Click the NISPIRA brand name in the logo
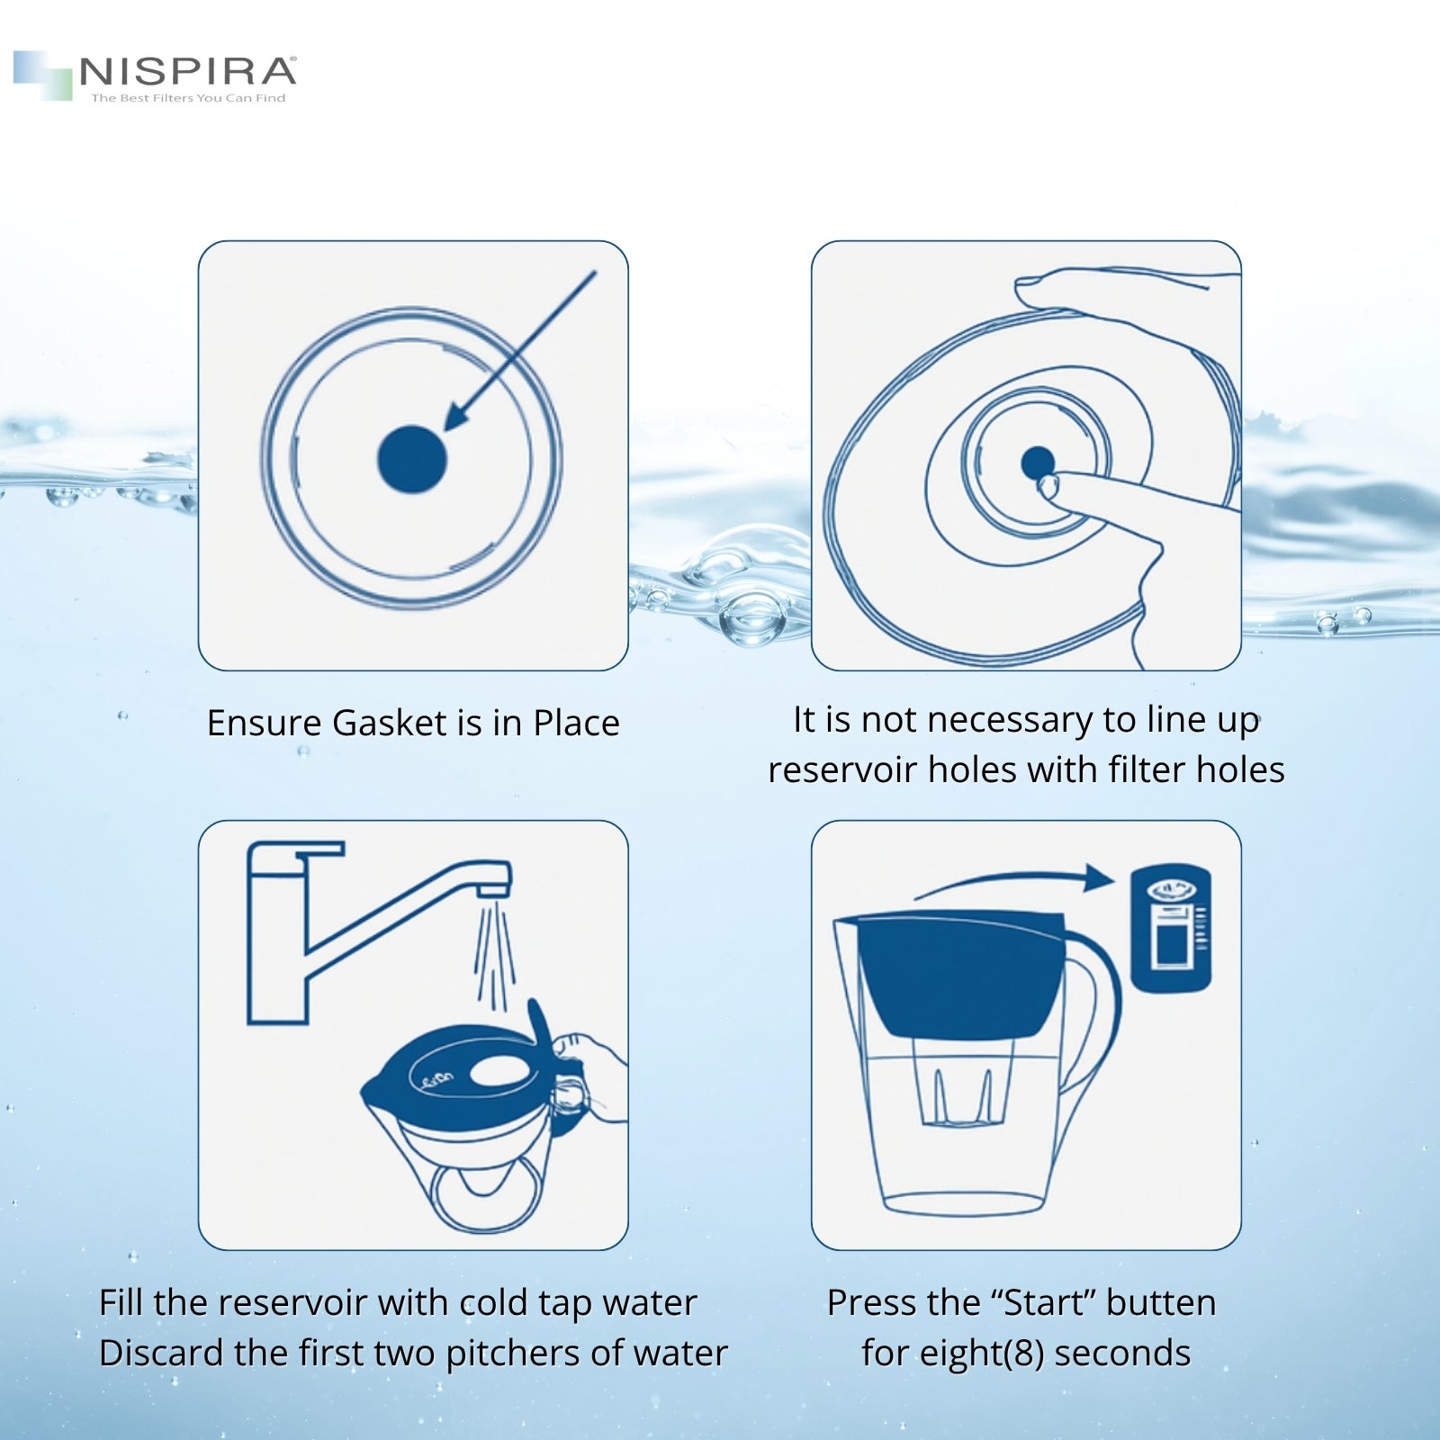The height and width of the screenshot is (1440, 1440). [x=187, y=71]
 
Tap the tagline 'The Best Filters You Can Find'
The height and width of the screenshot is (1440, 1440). [x=188, y=98]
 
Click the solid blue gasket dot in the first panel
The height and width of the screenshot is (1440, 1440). [x=411, y=459]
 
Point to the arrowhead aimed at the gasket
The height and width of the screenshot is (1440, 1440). [x=459, y=415]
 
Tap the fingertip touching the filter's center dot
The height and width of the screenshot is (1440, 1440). [x=1048, y=487]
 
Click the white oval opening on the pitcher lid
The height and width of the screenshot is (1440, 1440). [x=499, y=1071]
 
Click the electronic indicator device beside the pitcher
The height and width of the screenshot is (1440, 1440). [x=1170, y=929]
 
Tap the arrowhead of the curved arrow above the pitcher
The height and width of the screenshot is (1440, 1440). [x=1100, y=877]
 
